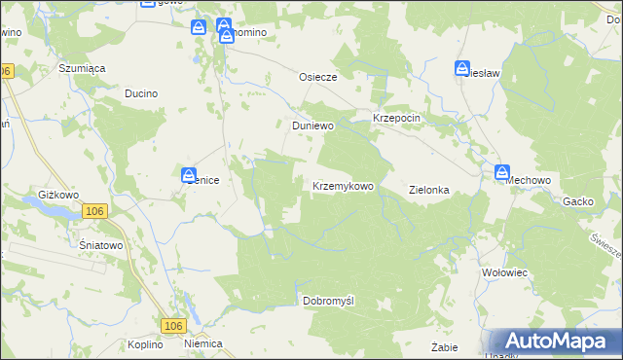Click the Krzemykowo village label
343,186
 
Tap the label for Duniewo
313,126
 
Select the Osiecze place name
316,77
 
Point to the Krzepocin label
396,118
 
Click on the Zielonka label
428,191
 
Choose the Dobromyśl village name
328,301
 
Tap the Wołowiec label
504,273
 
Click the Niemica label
203,344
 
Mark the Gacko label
578,201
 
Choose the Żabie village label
444,345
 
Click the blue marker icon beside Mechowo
502,173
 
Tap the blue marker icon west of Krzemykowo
188,175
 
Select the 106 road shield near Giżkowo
93,211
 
